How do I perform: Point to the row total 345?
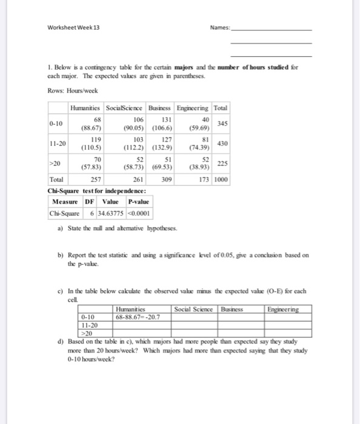coord(222,123)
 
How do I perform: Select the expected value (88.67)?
coord(92,128)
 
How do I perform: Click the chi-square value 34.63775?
coord(108,214)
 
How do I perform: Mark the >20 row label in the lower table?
coord(86,333)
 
